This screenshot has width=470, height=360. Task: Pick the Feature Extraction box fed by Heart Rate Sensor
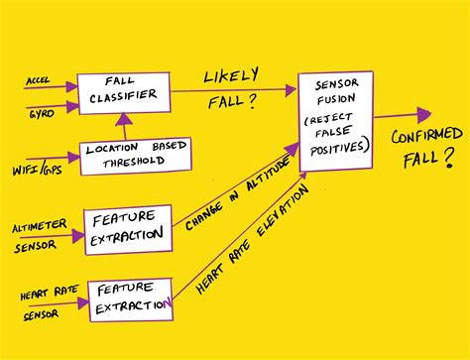[x=129, y=300]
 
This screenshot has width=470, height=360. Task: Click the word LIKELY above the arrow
[x=231, y=75]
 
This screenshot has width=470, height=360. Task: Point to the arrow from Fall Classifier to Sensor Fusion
[x=233, y=90]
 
